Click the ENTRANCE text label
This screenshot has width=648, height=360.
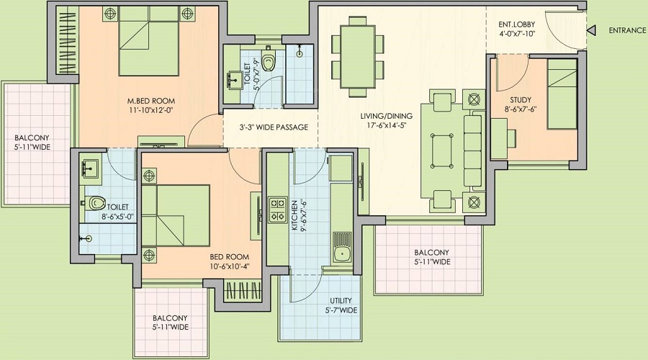coord(627,30)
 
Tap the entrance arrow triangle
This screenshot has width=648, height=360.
coord(591,30)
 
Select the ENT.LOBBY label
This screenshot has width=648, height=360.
coord(516,24)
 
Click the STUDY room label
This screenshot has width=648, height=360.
coord(521,100)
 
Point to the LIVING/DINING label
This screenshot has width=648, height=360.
coord(386,117)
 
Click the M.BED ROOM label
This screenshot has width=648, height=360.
coord(151,101)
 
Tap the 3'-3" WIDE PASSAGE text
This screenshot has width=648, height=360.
coord(274,127)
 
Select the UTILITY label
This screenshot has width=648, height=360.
coord(341,301)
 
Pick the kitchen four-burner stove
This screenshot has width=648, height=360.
coord(278,210)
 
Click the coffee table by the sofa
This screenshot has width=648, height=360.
coord(441,150)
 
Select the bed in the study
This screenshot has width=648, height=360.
coord(562,94)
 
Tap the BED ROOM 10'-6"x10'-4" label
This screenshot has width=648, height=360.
coord(230,261)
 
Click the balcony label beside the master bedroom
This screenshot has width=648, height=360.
coord(32,142)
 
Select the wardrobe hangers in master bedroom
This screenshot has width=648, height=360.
coord(66,42)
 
